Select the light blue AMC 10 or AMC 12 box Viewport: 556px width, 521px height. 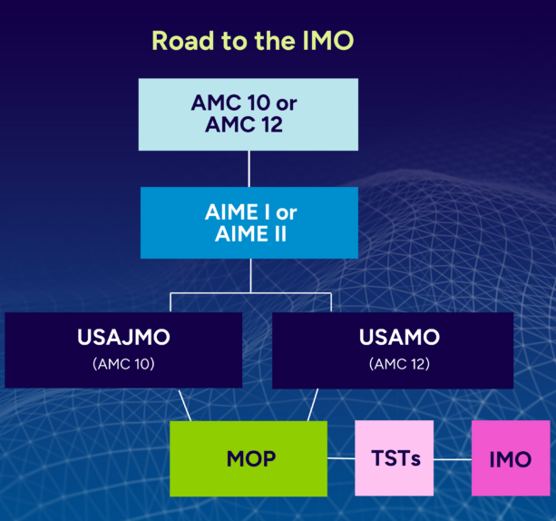tap(248, 114)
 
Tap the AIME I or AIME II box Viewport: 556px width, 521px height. tap(249, 222)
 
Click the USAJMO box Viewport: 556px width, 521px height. tap(123, 350)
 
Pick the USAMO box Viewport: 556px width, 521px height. tap(393, 350)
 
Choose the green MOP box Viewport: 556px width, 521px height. tap(249, 457)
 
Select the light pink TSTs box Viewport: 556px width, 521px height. tap(395, 458)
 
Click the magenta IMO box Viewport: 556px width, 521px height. tap(510, 458)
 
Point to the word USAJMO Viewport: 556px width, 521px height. tap(123, 339)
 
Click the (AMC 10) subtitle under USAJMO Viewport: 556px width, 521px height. tap(123, 364)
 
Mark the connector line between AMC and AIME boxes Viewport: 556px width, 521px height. tap(249, 168)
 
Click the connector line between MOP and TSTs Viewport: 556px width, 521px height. tap(340, 458)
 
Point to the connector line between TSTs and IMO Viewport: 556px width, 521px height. tap(453, 458)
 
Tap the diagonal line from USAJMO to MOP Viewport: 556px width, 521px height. tap(184, 405)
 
